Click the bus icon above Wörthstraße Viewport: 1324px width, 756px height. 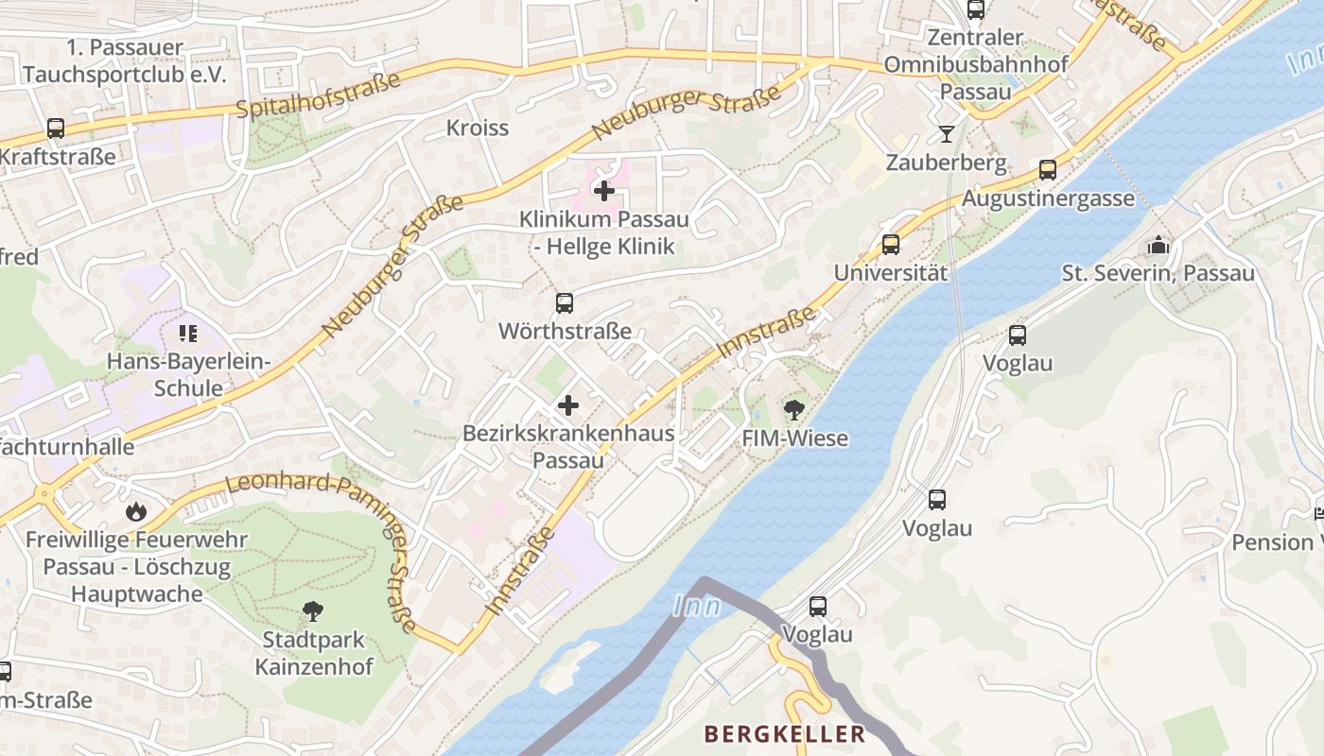tap(565, 303)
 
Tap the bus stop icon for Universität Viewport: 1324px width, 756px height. tap(890, 245)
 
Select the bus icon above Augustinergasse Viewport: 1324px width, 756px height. tap(1048, 170)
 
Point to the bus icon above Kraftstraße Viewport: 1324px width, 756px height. tap(56, 129)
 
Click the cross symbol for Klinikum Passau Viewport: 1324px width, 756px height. tap(603, 191)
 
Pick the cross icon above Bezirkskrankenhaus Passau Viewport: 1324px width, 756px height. tap(567, 406)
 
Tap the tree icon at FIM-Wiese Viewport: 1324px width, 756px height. tap(794, 410)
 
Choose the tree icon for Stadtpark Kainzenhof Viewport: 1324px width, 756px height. tap(312, 611)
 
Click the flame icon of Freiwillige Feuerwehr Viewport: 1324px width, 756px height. tap(136, 511)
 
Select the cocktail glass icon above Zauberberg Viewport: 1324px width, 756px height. tap(946, 134)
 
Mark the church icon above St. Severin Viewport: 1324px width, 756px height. tap(1158, 246)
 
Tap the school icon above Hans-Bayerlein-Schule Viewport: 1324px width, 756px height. tap(188, 333)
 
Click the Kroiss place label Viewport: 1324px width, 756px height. tap(478, 128)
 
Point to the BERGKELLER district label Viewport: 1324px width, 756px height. tap(784, 734)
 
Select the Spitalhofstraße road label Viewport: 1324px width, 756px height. tap(318, 95)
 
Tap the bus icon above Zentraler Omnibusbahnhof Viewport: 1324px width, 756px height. tap(975, 10)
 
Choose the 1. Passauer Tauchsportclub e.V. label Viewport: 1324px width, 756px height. tap(125, 60)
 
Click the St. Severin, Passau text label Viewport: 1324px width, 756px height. tap(1158, 274)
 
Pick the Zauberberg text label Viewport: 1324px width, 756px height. tap(946, 163)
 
